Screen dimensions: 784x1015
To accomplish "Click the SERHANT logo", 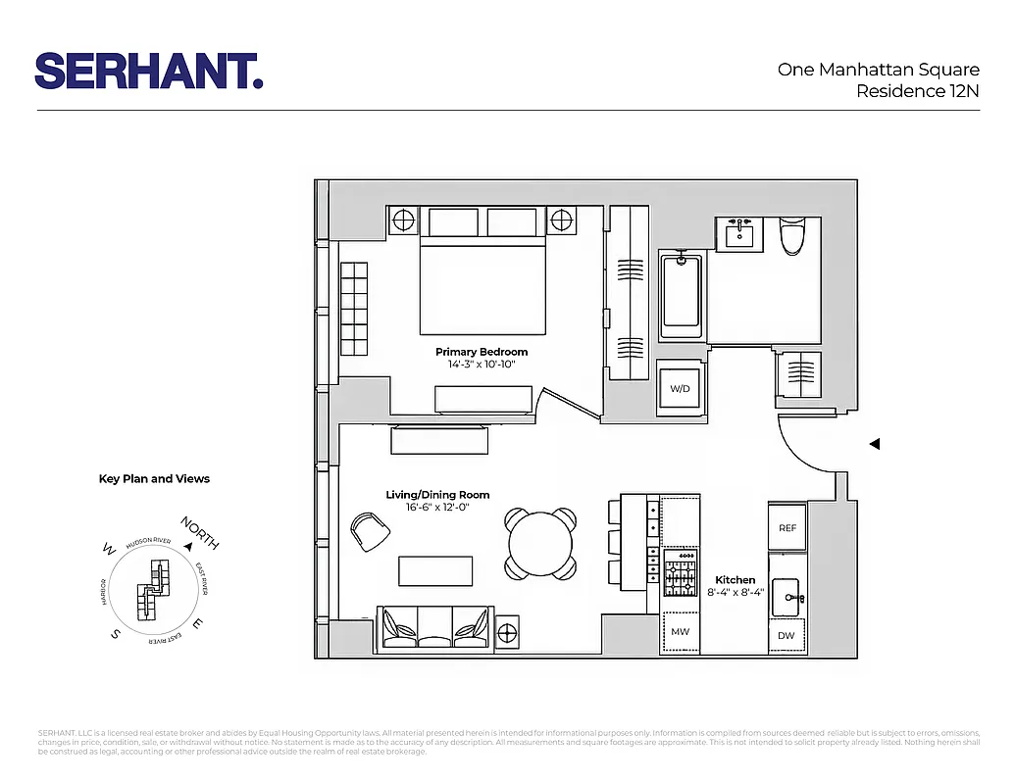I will point(149,71).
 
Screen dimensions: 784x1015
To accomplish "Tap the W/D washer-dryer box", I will point(681,389).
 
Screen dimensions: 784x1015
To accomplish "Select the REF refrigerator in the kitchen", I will point(787,527).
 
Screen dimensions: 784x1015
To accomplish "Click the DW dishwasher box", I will point(787,635).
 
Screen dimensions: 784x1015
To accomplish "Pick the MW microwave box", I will point(680,632).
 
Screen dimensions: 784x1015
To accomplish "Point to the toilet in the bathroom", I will point(791,234).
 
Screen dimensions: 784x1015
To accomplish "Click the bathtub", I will point(682,292).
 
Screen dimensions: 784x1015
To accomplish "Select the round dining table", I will point(539,543).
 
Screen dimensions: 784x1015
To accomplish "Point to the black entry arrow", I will point(875,444).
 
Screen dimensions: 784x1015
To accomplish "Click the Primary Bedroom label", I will point(482,352).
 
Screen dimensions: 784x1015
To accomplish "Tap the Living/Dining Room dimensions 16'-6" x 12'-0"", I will point(436,508).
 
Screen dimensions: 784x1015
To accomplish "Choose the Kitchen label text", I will point(735,580).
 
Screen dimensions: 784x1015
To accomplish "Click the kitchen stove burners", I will point(680,573).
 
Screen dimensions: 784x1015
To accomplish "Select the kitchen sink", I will point(787,595).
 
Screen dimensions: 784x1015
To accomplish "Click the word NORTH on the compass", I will point(199,532).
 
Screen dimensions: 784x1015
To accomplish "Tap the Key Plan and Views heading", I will point(154,479).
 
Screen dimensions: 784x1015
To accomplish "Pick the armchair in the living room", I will point(370,532).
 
